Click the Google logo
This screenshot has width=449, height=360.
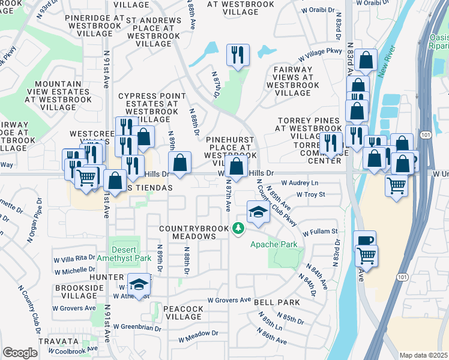tap(20, 353)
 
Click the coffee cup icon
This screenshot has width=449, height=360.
tap(365, 240)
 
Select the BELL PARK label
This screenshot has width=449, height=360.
tap(272, 303)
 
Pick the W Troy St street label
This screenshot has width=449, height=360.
tap(311, 194)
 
